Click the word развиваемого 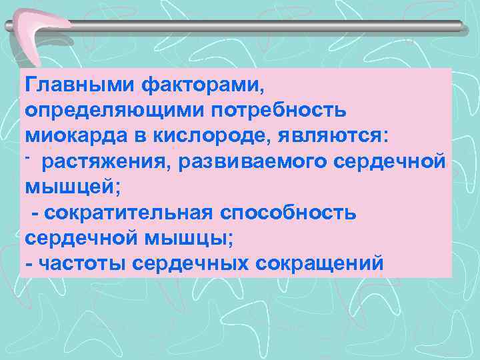pyautogui.click(x=235, y=161)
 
